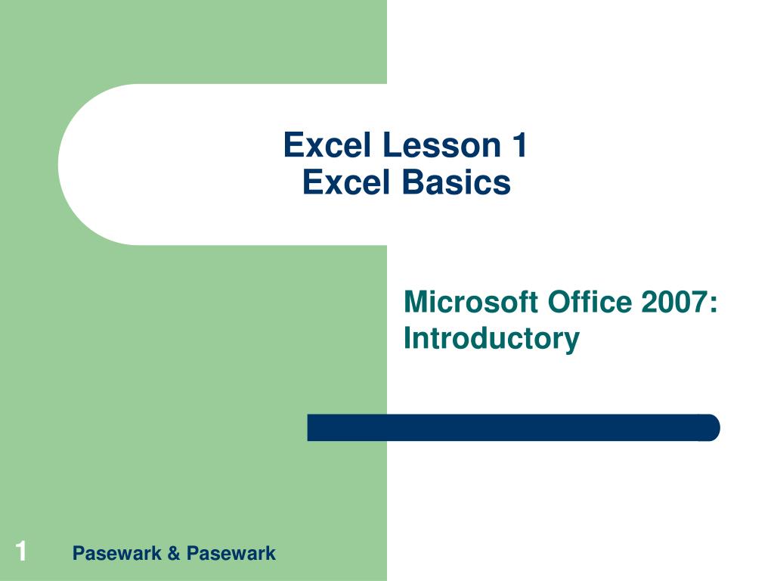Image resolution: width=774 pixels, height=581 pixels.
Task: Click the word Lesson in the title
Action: [x=430, y=145]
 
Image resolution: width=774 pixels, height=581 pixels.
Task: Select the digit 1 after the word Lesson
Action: [x=518, y=145]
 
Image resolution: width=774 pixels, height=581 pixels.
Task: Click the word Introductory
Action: [x=491, y=337]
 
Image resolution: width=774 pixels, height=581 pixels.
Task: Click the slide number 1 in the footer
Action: [x=21, y=551]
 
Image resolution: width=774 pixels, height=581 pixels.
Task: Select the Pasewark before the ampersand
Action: [x=117, y=554]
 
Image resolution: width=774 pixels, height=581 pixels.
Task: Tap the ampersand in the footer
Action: [x=174, y=554]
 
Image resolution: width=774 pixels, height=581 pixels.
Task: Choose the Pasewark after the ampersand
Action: [x=231, y=554]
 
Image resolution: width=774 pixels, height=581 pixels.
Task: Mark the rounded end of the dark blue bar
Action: [x=711, y=427]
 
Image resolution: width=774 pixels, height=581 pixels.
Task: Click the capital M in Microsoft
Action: [x=415, y=302]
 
